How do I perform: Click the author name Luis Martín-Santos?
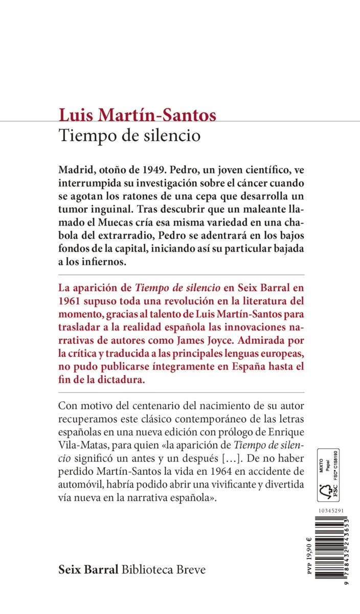click(x=138, y=115)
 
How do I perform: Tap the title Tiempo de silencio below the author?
click(x=129, y=136)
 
